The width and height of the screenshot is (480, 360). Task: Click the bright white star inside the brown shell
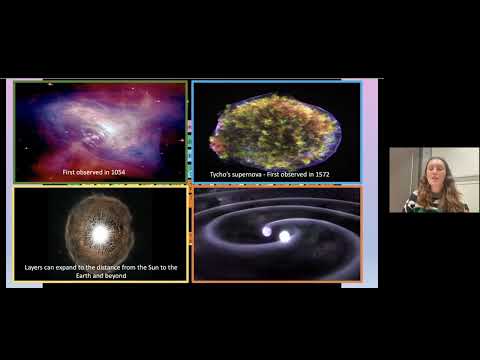(99, 234)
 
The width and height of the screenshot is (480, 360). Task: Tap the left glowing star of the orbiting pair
(267, 231)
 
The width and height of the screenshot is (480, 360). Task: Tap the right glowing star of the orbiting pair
(285, 237)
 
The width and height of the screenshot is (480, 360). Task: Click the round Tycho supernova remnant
(276, 130)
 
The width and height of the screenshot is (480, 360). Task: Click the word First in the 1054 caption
(69, 173)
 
